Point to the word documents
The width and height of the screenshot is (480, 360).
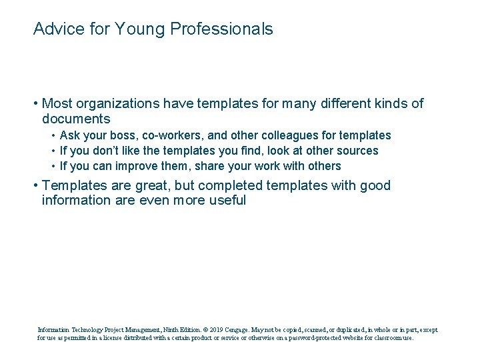point(76,119)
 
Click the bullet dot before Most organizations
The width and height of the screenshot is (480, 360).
point(35,104)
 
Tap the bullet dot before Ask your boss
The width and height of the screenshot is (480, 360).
point(53,136)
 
